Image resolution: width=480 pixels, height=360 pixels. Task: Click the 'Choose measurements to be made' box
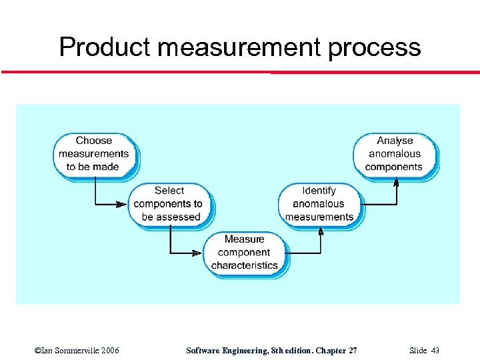(x=93, y=153)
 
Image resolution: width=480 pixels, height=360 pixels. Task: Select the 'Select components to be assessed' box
(x=169, y=204)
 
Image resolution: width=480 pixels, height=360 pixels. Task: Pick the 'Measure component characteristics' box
(x=245, y=252)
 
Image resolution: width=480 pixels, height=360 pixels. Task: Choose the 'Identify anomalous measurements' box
(x=319, y=204)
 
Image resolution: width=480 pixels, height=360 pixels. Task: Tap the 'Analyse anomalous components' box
(x=394, y=153)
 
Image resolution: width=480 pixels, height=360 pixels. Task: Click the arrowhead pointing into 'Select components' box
(x=125, y=204)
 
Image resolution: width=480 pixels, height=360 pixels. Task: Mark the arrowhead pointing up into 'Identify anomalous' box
(x=321, y=231)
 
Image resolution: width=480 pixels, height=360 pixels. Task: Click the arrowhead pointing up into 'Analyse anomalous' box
(x=396, y=181)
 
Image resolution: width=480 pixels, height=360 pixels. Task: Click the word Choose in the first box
(x=94, y=141)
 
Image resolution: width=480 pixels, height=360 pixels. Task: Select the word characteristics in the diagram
(x=245, y=265)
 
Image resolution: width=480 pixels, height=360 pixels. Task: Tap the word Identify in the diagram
(x=319, y=191)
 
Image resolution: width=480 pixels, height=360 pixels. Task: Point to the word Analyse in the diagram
(x=395, y=141)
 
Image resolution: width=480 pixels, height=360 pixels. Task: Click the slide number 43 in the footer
(x=435, y=350)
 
